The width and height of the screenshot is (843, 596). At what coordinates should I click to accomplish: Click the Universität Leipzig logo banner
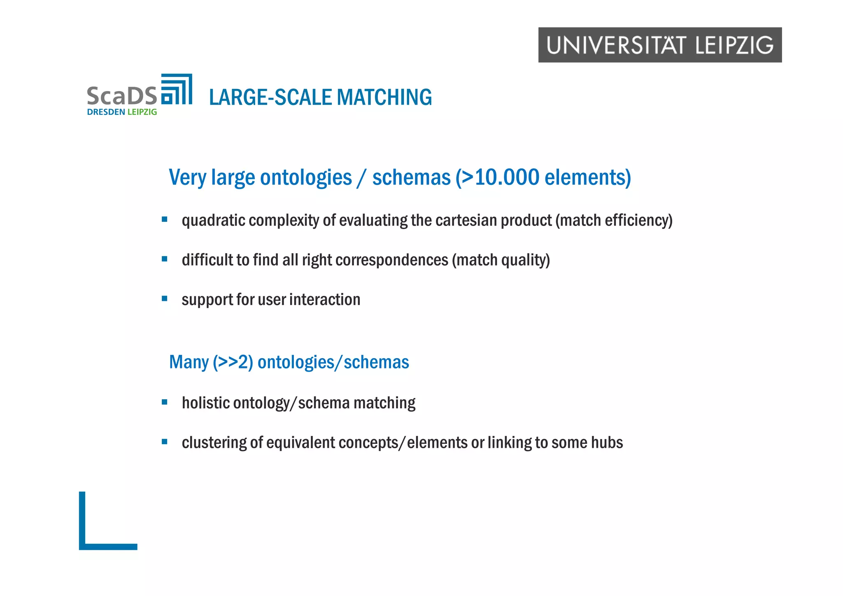pyautogui.click(x=660, y=45)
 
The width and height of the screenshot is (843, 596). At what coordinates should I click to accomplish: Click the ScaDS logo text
pyautogui.click(x=122, y=95)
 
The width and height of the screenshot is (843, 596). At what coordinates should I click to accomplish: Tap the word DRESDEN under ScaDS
pyautogui.click(x=106, y=112)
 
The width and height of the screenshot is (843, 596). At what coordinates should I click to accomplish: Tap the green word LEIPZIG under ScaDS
pyautogui.click(x=142, y=112)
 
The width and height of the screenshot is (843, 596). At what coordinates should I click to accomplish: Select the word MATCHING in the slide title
pyautogui.click(x=384, y=98)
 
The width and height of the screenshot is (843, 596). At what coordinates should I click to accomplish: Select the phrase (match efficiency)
pyautogui.click(x=614, y=221)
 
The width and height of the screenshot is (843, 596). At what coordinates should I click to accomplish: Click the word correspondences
pyautogui.click(x=391, y=260)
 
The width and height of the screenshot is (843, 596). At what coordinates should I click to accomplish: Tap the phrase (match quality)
pyautogui.click(x=501, y=260)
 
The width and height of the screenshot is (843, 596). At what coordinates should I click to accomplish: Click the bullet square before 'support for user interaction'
pyautogui.click(x=165, y=298)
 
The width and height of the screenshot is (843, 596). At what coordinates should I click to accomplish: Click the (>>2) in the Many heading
pyautogui.click(x=233, y=362)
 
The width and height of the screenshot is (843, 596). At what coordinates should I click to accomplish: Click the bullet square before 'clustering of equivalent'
pyautogui.click(x=165, y=442)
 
